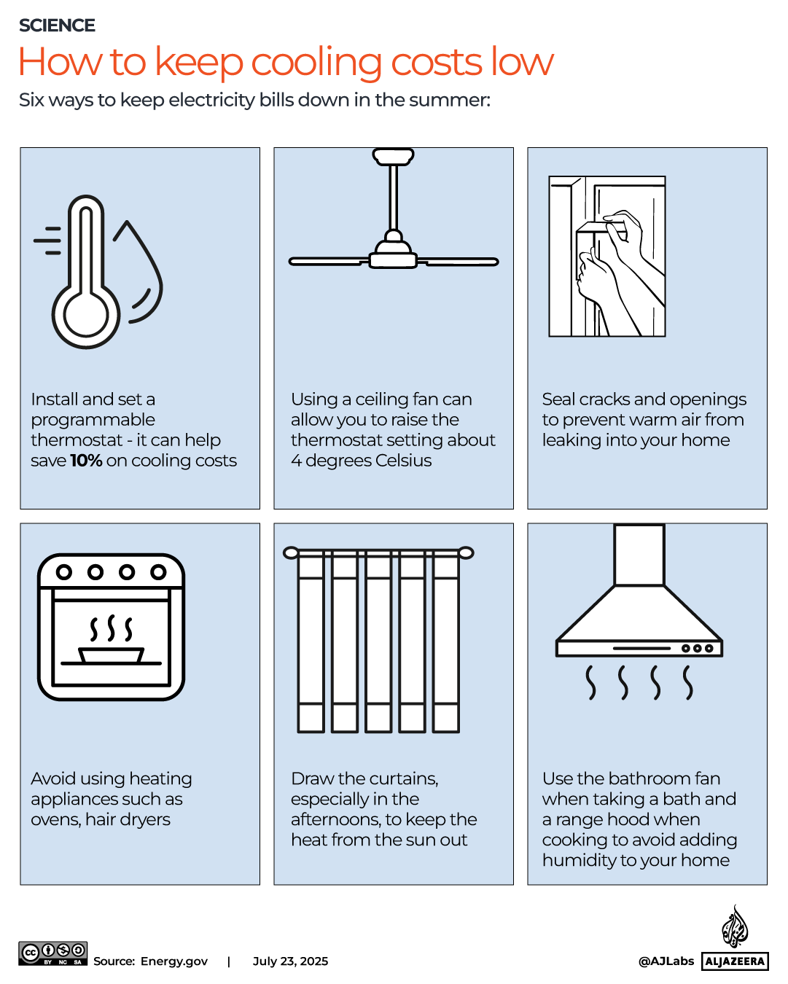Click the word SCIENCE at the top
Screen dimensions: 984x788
click(57, 26)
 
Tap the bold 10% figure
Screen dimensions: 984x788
click(86, 461)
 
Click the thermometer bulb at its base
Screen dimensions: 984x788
click(86, 316)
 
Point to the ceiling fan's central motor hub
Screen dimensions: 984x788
click(394, 251)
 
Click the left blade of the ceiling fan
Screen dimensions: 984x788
click(328, 261)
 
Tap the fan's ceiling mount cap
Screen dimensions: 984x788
click(394, 156)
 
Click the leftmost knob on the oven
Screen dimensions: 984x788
click(64, 572)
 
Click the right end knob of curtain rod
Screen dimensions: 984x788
click(466, 553)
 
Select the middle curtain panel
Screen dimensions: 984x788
click(378, 641)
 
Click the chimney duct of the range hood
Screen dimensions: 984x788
click(639, 554)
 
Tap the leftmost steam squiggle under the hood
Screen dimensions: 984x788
click(591, 683)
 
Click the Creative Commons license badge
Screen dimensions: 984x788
click(53, 953)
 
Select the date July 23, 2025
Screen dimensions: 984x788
click(290, 961)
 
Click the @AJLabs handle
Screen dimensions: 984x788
click(666, 961)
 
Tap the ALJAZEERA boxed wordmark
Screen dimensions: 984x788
click(735, 961)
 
